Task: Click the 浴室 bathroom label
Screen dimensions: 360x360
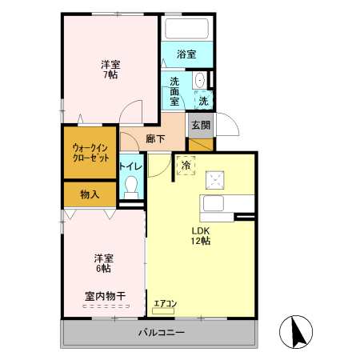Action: [186, 54]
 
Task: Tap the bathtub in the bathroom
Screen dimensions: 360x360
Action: [186, 30]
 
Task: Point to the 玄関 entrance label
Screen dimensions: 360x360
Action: [201, 125]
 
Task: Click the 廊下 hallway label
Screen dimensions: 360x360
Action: [156, 139]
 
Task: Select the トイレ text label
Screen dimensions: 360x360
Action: [130, 166]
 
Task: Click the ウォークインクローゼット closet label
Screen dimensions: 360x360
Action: [90, 153]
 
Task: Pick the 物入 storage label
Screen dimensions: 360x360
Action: [90, 194]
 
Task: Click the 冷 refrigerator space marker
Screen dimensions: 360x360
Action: [186, 166]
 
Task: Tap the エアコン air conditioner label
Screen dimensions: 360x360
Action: [166, 303]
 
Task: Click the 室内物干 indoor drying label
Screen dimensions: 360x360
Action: [105, 296]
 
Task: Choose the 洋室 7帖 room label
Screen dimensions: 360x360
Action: [111, 70]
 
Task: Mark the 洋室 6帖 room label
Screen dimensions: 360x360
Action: [103, 263]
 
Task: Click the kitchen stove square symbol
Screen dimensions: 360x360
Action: [214, 178]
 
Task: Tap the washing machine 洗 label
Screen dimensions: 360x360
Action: [203, 101]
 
